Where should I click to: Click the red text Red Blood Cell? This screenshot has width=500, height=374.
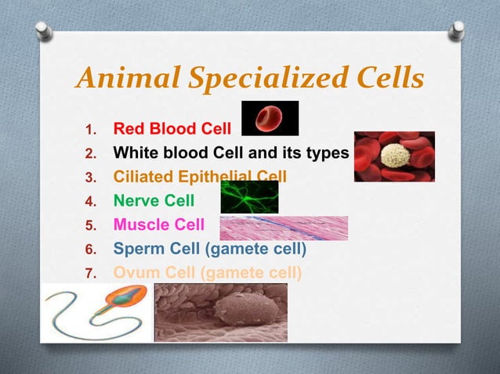172,128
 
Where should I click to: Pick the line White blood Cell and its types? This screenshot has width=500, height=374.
230,152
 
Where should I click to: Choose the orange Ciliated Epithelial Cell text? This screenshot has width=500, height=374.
200,176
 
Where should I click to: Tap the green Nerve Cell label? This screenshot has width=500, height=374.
154,200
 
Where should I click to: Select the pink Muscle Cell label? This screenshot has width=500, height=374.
158,225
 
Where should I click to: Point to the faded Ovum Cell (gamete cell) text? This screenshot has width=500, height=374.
207,273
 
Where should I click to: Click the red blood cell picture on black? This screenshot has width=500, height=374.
270,118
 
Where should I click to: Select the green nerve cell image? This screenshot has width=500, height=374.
248,197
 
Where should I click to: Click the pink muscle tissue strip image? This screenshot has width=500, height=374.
284,228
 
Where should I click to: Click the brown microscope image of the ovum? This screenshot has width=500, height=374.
220,311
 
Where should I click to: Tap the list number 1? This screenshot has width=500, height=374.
89,128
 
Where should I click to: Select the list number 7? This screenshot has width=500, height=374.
89,274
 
